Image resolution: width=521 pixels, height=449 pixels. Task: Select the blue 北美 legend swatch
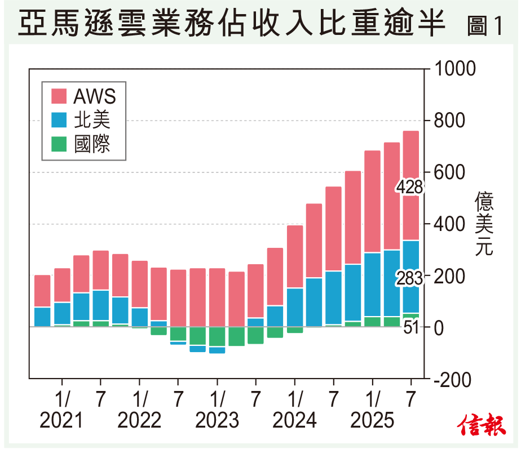59,120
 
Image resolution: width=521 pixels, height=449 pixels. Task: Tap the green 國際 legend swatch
59,144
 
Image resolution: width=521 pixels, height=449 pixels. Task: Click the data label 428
409,186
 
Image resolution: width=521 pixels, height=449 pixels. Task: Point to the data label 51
411,327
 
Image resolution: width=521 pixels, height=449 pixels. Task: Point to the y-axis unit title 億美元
484,224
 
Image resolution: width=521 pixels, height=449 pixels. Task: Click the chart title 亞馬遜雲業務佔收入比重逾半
231,25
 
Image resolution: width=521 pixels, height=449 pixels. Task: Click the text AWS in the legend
94,96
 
